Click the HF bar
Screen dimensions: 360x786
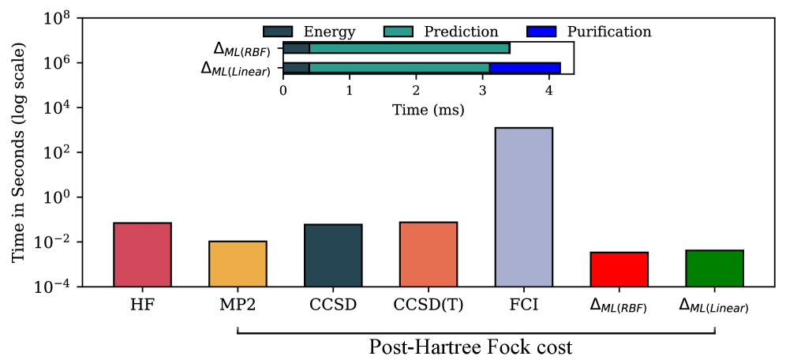tap(142, 254)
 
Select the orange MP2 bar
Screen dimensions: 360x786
tap(238, 264)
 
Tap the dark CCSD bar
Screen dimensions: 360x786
tap(333, 255)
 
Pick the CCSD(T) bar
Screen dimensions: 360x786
tap(429, 254)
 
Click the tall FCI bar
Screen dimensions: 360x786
tap(523, 207)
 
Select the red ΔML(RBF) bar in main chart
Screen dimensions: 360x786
tap(619, 269)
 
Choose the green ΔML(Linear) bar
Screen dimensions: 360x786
tap(714, 268)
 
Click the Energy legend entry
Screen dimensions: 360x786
tap(309, 32)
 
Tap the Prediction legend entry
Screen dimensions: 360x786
tap(441, 32)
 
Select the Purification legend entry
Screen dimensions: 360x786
tap(588, 32)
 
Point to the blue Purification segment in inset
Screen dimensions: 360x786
tap(525, 68)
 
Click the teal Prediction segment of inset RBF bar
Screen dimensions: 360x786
tap(410, 48)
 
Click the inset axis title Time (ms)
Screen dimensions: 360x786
tap(428, 110)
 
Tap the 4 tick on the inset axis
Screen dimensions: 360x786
tap(548, 90)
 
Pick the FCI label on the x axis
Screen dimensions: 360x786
tap(523, 303)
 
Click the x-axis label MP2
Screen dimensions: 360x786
tap(238, 303)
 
